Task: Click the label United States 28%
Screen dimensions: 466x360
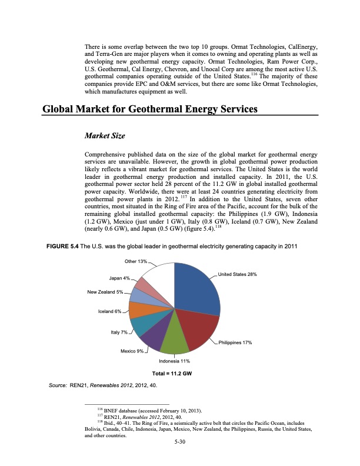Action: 236,274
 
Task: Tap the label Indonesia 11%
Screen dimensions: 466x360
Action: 175,360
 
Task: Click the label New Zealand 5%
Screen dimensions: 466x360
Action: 105,292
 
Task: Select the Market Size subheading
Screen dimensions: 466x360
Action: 106,136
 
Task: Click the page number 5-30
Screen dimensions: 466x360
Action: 180,450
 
